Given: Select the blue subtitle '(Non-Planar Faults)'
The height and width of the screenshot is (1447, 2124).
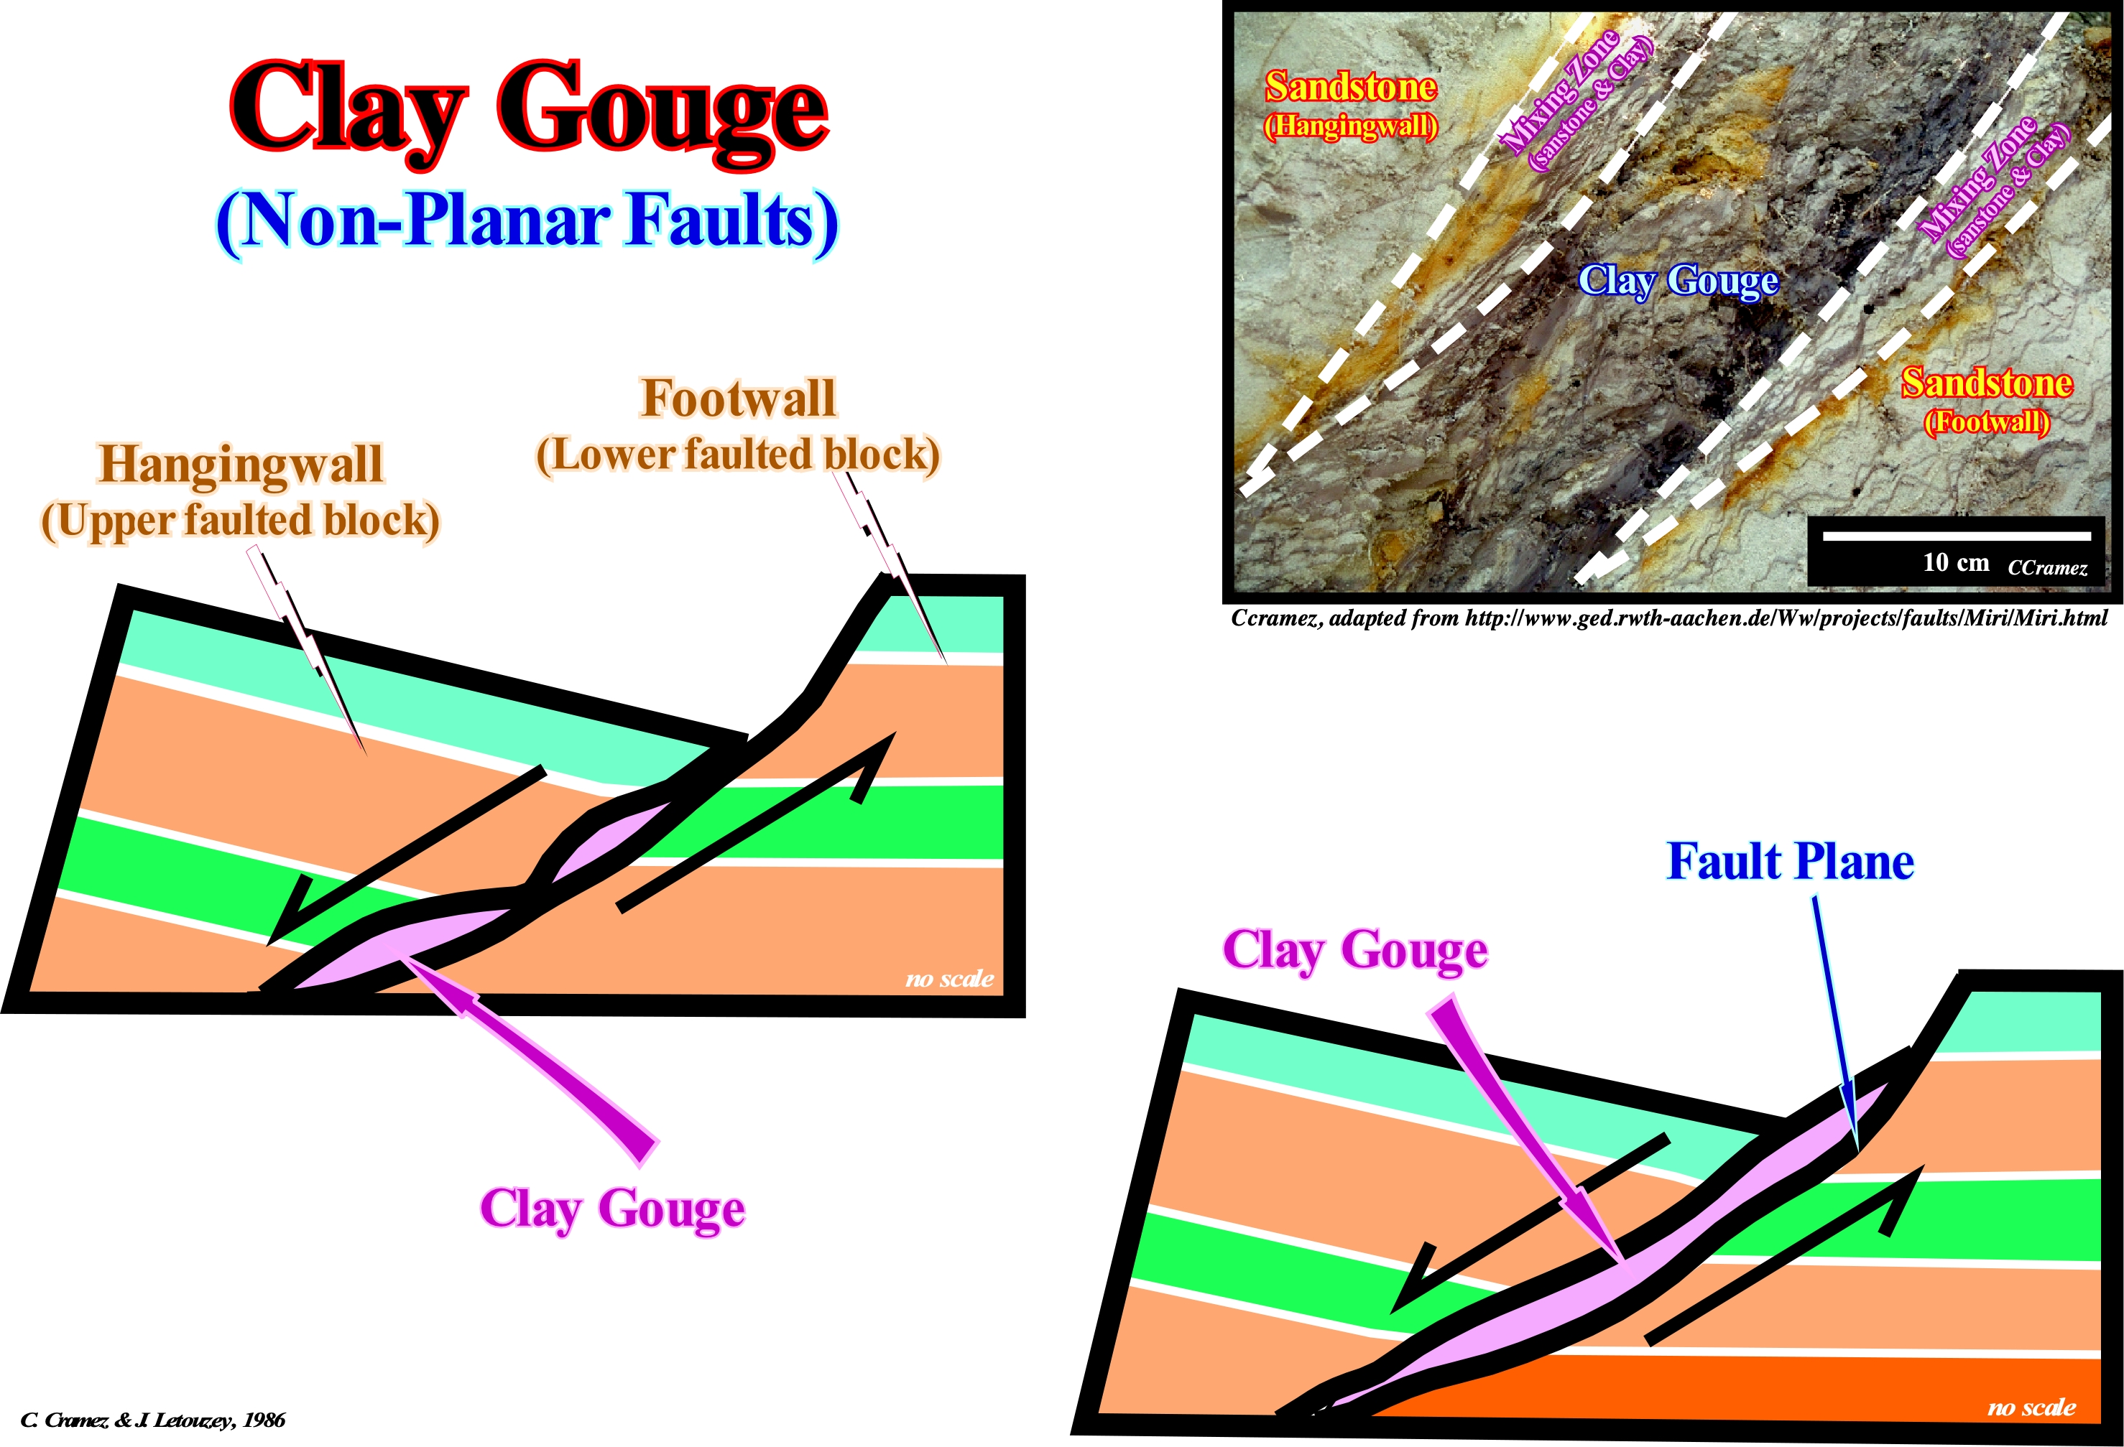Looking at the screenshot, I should tap(527, 222).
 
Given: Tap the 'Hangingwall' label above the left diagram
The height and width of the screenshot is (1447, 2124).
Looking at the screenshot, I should tap(241, 464).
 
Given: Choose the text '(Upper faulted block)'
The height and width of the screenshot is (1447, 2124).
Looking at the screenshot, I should tap(241, 521).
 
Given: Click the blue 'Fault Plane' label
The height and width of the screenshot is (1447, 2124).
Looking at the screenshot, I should tap(1789, 862).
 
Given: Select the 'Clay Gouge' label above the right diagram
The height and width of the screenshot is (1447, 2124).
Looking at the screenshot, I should tap(1354, 951).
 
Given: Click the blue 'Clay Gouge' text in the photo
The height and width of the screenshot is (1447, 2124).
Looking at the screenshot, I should tap(1678, 281).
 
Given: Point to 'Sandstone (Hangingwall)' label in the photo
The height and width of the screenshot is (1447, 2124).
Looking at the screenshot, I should tap(1350, 103).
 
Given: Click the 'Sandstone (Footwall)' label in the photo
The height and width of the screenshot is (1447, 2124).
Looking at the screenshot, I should tap(1986, 399).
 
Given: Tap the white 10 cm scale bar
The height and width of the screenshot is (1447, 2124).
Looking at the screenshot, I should tap(1957, 535).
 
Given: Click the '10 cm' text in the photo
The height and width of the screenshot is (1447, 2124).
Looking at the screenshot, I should tap(1955, 563).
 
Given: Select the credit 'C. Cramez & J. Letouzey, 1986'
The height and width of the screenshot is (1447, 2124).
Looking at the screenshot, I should tap(152, 1420).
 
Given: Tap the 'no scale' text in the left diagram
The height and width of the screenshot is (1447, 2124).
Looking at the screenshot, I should tap(948, 980).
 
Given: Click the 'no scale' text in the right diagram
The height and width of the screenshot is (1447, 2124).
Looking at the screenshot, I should tap(2031, 1407).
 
